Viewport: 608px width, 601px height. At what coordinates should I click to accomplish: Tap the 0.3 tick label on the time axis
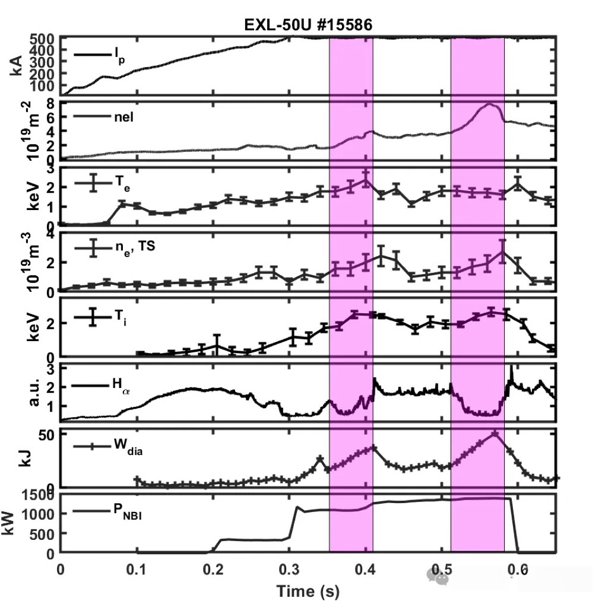click(x=289, y=568)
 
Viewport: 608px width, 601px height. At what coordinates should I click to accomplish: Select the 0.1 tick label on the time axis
click(x=137, y=568)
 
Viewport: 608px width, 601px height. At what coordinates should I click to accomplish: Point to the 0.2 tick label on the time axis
click(x=213, y=568)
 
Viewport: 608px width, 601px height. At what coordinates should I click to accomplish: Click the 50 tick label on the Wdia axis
click(x=47, y=434)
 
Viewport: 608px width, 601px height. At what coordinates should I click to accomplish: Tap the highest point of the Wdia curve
click(x=495, y=434)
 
